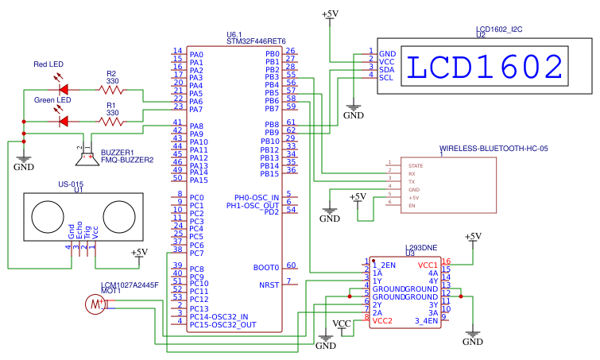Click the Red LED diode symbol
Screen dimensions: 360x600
64,88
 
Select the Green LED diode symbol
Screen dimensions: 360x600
64,121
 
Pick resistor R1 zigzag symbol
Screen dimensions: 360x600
111,121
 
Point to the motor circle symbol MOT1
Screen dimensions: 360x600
95,304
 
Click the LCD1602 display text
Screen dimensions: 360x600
486,68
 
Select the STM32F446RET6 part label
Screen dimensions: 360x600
256,41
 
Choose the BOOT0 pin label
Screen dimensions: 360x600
266,268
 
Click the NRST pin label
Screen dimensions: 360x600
269,284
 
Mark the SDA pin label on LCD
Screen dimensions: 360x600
387,69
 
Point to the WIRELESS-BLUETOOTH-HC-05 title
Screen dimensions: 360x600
494,149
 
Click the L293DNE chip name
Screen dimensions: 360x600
421,248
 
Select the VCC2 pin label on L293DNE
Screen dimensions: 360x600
382,321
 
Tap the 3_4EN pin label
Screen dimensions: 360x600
427,321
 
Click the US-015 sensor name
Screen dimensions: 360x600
71,184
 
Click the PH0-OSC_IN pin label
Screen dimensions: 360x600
257,197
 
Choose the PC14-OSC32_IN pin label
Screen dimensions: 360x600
219,316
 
